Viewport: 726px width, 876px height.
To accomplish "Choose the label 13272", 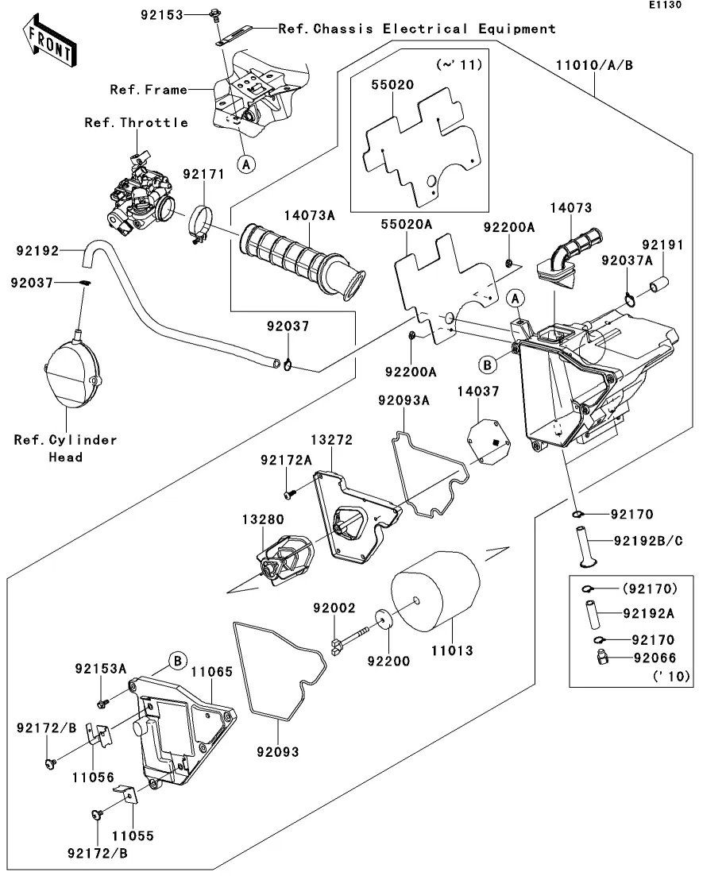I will [x=331, y=439].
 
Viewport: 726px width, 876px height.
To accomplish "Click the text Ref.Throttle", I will [x=137, y=122].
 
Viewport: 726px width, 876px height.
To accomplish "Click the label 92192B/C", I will [x=649, y=541].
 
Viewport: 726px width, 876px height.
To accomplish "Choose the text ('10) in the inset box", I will [x=671, y=677].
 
